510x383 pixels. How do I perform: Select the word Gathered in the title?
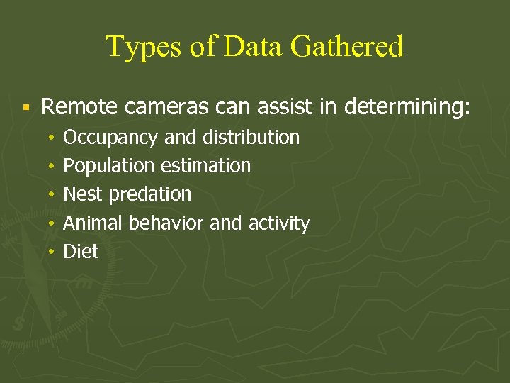tap(347, 47)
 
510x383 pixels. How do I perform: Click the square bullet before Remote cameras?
tap(25, 109)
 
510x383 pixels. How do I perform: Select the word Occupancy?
tap(111, 138)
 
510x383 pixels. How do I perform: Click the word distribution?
tap(256, 137)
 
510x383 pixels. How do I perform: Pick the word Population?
tap(109, 166)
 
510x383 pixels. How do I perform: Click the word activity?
tap(279, 223)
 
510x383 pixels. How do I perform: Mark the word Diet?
tap(81, 251)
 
